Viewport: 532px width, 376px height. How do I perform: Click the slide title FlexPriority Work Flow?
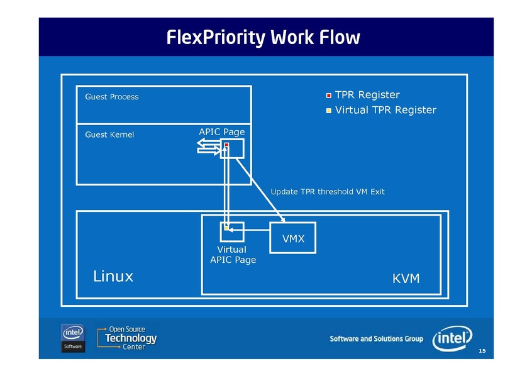point(263,37)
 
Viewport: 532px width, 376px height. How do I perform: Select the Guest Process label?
point(111,97)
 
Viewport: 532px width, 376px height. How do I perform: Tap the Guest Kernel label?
point(109,135)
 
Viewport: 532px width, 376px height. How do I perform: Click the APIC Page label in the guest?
point(221,131)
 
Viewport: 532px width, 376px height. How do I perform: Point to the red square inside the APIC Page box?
point(226,146)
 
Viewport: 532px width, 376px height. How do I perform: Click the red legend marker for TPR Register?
point(329,96)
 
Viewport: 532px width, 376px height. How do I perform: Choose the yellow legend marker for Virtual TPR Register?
point(329,111)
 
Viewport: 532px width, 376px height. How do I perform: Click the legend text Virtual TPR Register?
point(385,110)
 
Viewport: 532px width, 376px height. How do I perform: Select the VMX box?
point(292,238)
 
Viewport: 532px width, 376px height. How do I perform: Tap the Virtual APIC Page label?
point(233,255)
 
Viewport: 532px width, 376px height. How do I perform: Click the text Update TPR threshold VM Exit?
point(327,192)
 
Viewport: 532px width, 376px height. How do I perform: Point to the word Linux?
point(113,276)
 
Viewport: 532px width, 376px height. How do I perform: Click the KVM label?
point(406,278)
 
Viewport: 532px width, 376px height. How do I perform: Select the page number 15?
point(482,350)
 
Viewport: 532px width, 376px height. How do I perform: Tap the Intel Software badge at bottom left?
point(73,338)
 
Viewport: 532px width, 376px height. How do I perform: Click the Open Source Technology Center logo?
point(127,338)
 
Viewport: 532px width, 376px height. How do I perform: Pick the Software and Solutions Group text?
point(376,339)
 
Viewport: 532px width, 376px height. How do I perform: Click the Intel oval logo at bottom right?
point(452,338)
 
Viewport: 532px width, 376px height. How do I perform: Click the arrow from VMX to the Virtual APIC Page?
point(249,230)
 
